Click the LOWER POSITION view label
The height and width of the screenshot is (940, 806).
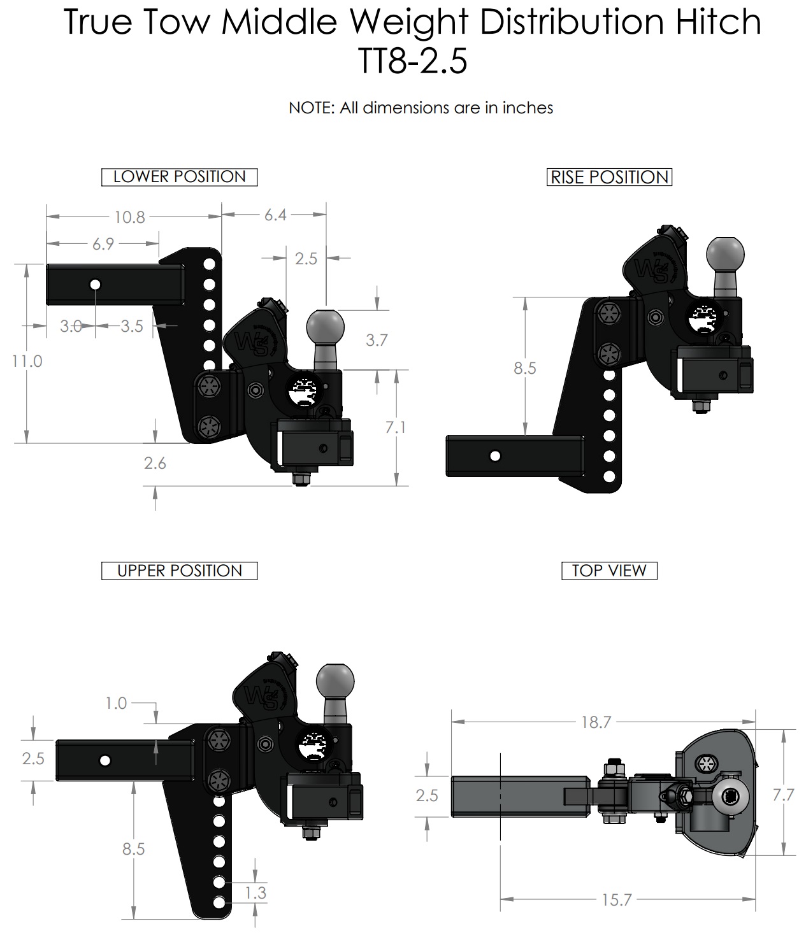pyautogui.click(x=179, y=177)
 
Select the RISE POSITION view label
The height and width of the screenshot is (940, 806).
pyautogui.click(x=609, y=177)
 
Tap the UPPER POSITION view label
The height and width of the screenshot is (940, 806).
pyautogui.click(x=179, y=571)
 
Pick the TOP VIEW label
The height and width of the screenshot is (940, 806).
pyautogui.click(x=608, y=571)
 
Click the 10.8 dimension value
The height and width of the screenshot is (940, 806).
pyautogui.click(x=130, y=217)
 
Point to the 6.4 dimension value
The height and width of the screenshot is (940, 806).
pyautogui.click(x=275, y=215)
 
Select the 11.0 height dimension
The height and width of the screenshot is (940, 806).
pyautogui.click(x=27, y=361)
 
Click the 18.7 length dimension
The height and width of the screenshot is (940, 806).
pyautogui.click(x=596, y=722)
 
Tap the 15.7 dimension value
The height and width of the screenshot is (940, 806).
pyautogui.click(x=616, y=900)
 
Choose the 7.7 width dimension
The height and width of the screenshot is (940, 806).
pyautogui.click(x=783, y=795)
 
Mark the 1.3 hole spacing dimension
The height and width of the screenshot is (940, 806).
pyautogui.click(x=255, y=893)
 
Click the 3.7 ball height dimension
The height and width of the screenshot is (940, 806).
pyautogui.click(x=377, y=340)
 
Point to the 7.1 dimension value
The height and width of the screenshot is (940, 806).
pyautogui.click(x=396, y=427)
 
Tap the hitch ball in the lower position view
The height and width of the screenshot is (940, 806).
pyautogui.click(x=326, y=326)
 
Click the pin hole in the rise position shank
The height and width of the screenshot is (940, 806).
pyautogui.click(x=494, y=456)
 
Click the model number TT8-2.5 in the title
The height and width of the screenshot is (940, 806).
pyautogui.click(x=412, y=62)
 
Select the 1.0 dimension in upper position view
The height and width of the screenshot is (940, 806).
pyautogui.click(x=116, y=703)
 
